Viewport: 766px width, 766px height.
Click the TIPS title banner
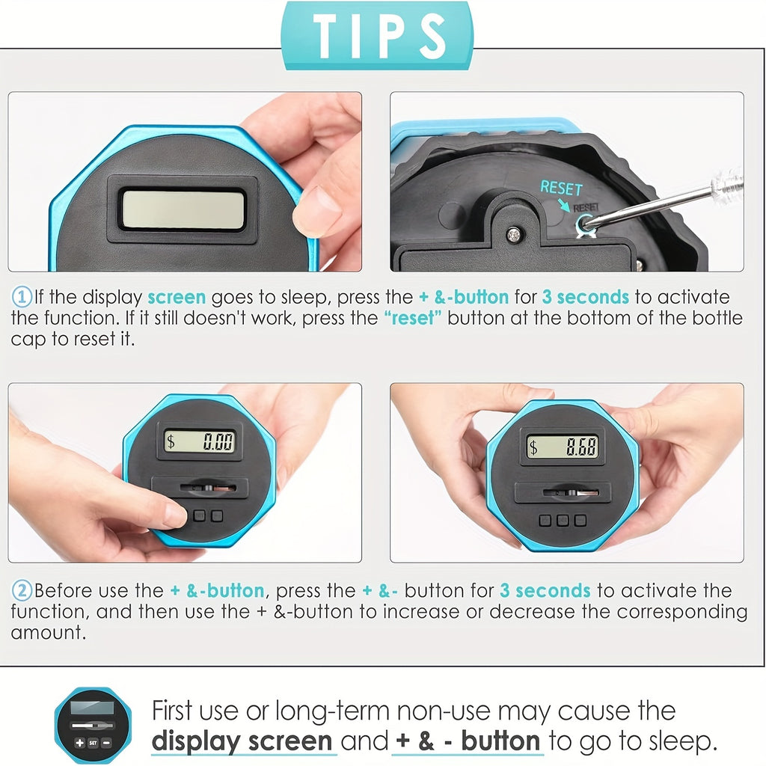pos(377,35)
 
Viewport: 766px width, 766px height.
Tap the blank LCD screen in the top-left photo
pos(183,209)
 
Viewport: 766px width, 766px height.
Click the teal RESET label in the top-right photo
pos(561,188)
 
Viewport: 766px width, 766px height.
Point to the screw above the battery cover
pos(513,236)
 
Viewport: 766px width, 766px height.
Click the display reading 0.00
pos(199,441)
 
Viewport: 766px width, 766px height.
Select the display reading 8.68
pos(562,447)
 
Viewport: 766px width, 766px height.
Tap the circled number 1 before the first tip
pos(22,297)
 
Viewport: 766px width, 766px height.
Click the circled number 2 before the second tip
pos(22,591)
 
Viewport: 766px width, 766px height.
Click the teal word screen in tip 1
pos(177,298)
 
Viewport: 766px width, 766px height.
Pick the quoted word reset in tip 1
pos(413,318)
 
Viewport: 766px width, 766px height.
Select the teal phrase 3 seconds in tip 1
pos(586,297)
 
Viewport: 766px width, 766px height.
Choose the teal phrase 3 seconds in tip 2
pos(545,591)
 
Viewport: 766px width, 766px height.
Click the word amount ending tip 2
pos(49,633)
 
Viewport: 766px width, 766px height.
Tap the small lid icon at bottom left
pos(93,725)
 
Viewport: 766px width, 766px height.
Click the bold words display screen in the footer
pos(242,741)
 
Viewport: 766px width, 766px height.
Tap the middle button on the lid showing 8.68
pos(563,521)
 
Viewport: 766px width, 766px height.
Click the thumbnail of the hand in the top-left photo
pos(316,211)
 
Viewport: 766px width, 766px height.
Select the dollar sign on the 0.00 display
pos(171,441)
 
